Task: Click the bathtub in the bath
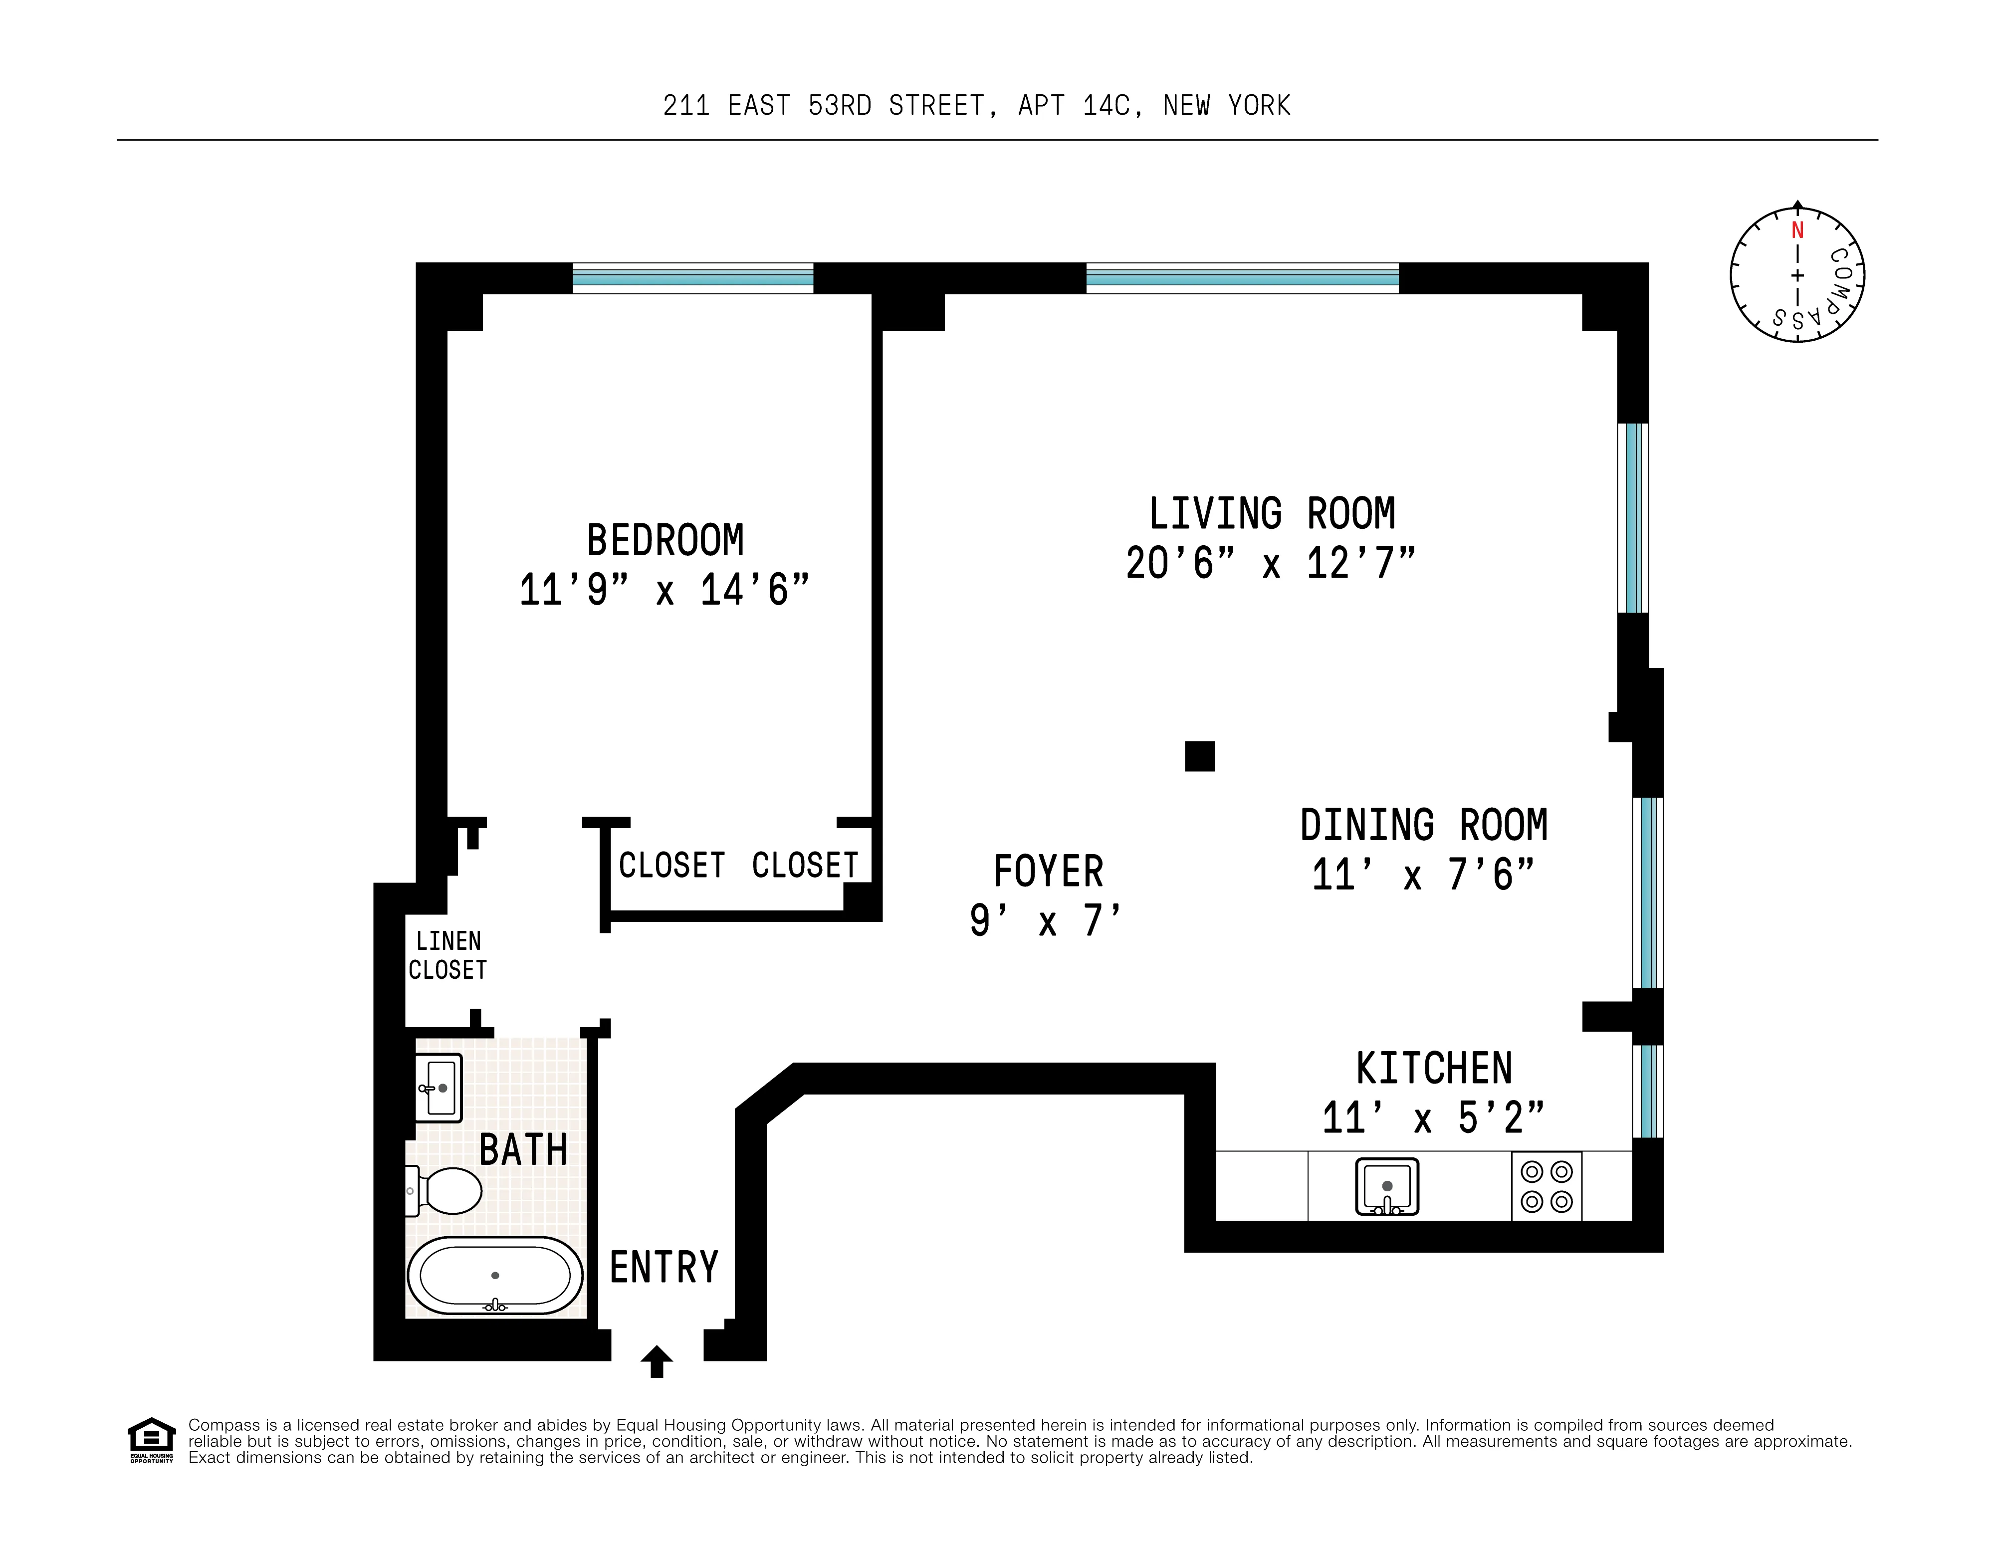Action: pyautogui.click(x=494, y=1275)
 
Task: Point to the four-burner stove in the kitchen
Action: pyautogui.click(x=1547, y=1187)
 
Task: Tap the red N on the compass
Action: pyautogui.click(x=1797, y=230)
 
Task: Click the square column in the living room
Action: pyautogui.click(x=1199, y=756)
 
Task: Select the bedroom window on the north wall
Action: pyautogui.click(x=692, y=278)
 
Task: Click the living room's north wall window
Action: pyautogui.click(x=1241, y=278)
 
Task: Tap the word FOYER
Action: pyautogui.click(x=1048, y=872)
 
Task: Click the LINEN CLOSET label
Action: pyautogui.click(x=447, y=955)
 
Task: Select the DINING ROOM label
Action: pyautogui.click(x=1423, y=826)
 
